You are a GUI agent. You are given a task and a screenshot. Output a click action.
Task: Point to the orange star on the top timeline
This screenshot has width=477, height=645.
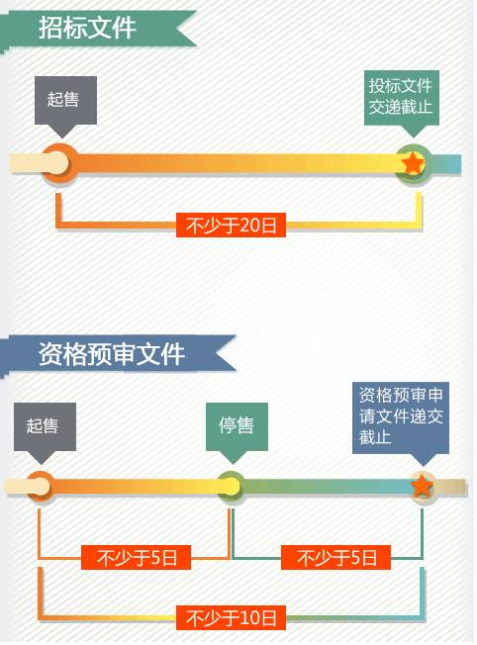[x=413, y=163]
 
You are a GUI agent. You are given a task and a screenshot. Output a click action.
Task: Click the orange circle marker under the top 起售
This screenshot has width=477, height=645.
[x=60, y=163]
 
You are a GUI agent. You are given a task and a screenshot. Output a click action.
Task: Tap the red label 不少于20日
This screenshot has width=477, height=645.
[x=231, y=225]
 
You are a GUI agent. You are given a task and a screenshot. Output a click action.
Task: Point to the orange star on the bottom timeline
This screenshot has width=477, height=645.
[x=422, y=486]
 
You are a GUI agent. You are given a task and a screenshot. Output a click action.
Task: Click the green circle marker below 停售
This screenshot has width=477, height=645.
[x=231, y=487]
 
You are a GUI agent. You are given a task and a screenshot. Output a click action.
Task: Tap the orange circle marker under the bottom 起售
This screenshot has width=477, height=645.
[x=41, y=487]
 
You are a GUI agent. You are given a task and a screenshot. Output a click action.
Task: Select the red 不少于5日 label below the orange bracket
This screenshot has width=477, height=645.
[x=136, y=558]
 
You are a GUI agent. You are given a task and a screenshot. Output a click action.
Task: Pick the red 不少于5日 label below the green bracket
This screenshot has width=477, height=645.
[x=335, y=558]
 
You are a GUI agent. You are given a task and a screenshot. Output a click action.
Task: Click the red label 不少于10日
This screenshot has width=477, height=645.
[x=231, y=617]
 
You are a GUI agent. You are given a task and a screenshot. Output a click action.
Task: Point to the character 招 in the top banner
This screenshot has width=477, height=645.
[x=50, y=28]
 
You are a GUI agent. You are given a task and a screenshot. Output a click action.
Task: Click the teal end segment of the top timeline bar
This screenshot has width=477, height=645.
[x=445, y=164]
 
